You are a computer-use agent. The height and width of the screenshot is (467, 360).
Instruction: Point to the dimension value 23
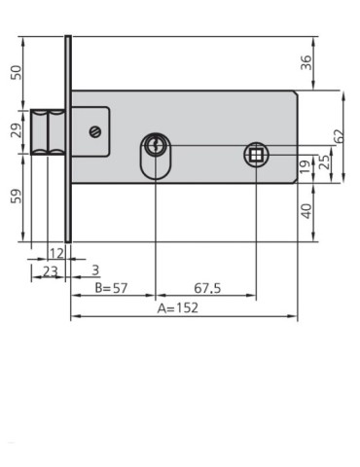(x=48, y=271)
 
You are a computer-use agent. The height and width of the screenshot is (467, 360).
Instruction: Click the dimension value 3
(x=94, y=268)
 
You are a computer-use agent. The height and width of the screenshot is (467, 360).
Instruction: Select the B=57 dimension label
(x=112, y=289)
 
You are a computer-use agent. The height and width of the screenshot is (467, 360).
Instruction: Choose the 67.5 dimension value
(x=203, y=289)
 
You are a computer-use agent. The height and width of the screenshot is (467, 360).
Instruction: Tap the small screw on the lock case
(x=94, y=131)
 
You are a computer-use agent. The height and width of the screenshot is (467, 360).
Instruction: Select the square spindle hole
(x=255, y=155)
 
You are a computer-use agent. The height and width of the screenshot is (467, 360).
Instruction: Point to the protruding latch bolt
(x=49, y=130)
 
